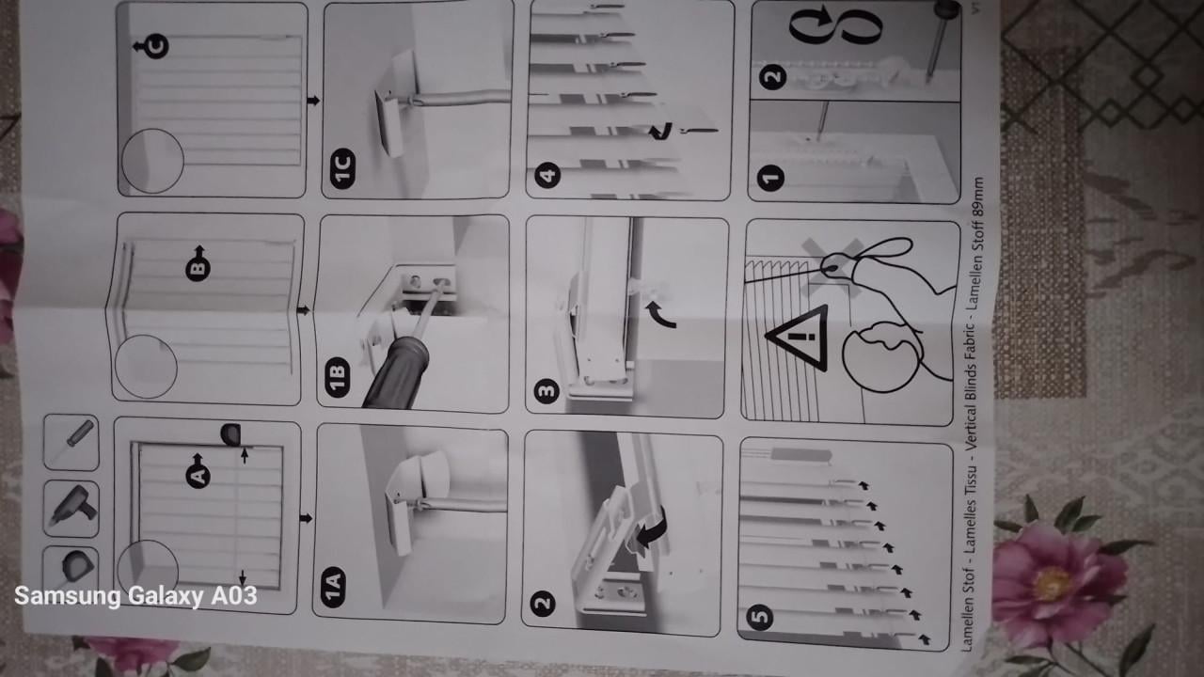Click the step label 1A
(x=332, y=586)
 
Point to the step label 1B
(x=337, y=373)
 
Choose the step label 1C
(x=342, y=168)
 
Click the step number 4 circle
(x=548, y=174)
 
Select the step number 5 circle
(x=760, y=617)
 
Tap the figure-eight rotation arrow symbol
(x=834, y=26)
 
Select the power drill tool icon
(x=71, y=508)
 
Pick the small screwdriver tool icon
(x=72, y=442)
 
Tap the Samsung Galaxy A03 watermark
(x=135, y=596)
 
